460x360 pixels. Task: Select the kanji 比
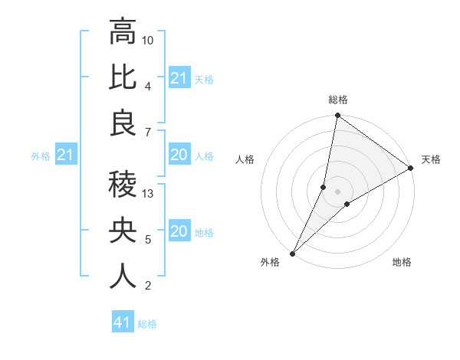pyautogui.click(x=123, y=77)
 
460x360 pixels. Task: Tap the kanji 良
pyautogui.click(x=123, y=123)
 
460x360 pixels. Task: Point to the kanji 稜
pyautogui.click(x=123, y=184)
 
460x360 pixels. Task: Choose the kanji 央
pyautogui.click(x=123, y=231)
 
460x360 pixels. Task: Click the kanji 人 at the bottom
pyautogui.click(x=123, y=277)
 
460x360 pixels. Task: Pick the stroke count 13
pyautogui.click(x=149, y=194)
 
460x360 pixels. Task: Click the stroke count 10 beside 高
pyautogui.click(x=149, y=40)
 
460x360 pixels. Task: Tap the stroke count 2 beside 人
pyautogui.click(x=147, y=286)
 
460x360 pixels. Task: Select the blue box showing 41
pyautogui.click(x=123, y=322)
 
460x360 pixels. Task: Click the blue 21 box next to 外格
pyautogui.click(x=66, y=155)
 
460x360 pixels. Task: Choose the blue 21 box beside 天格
pyautogui.click(x=179, y=78)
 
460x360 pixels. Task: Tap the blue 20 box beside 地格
pyautogui.click(x=179, y=232)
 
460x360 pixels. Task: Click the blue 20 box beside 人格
pyautogui.click(x=179, y=155)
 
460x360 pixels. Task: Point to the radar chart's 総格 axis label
pyautogui.click(x=337, y=100)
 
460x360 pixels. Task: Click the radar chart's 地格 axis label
pyautogui.click(x=402, y=262)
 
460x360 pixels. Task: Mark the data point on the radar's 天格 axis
pyautogui.click(x=411, y=168)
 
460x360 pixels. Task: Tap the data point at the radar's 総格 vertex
pyautogui.click(x=337, y=116)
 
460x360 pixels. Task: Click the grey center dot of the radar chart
pyautogui.click(x=337, y=191)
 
